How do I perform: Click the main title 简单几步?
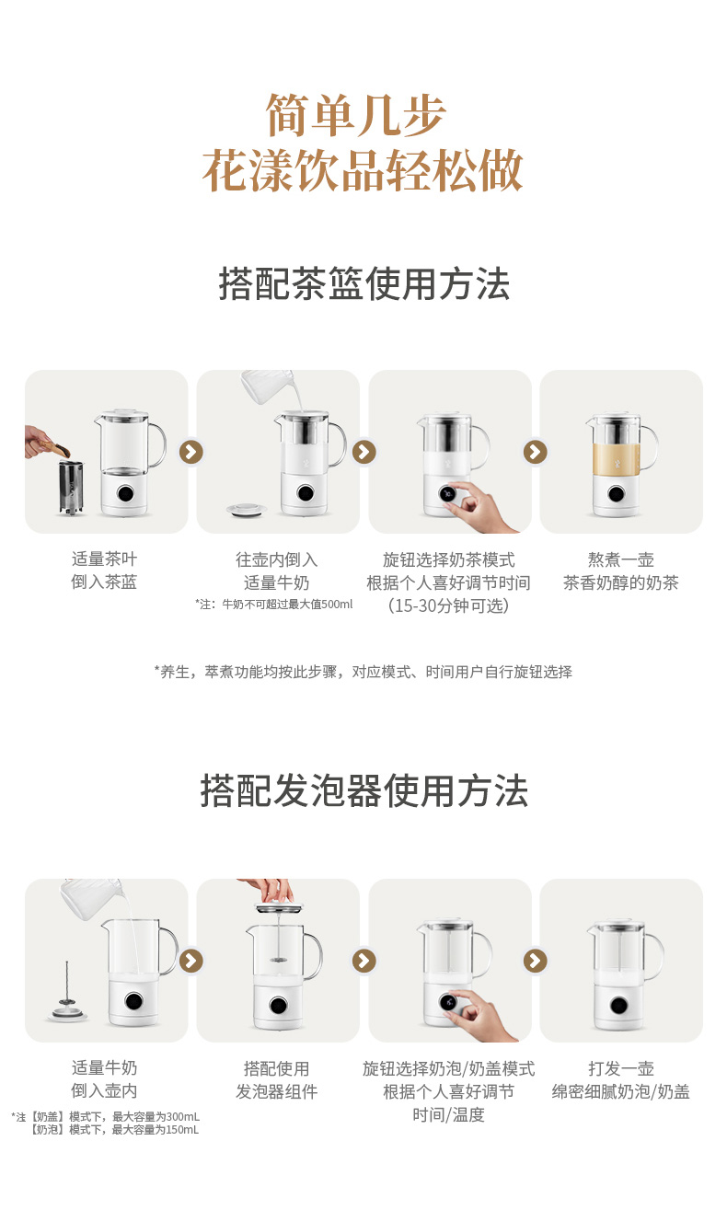click(x=355, y=115)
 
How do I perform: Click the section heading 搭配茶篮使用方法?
click(x=363, y=283)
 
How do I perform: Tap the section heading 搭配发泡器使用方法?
click(x=363, y=790)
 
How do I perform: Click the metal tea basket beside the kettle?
click(x=71, y=488)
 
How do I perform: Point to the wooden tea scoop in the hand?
click(x=54, y=447)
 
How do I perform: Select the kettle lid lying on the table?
click(x=247, y=509)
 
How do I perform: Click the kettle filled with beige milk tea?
click(x=621, y=465)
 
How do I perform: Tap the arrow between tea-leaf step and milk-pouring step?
click(x=191, y=452)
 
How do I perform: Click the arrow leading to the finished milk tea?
click(x=536, y=452)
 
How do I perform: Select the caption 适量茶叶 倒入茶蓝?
click(x=104, y=570)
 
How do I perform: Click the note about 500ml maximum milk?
click(x=274, y=605)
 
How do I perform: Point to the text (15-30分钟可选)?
click(x=448, y=605)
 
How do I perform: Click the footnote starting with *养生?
click(x=363, y=672)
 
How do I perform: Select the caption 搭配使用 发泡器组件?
click(x=277, y=1079)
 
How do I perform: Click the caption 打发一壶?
click(x=621, y=1068)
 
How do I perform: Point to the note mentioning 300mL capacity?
click(x=105, y=1116)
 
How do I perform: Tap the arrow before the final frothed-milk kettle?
click(x=536, y=961)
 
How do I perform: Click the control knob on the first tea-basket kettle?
click(x=125, y=493)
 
